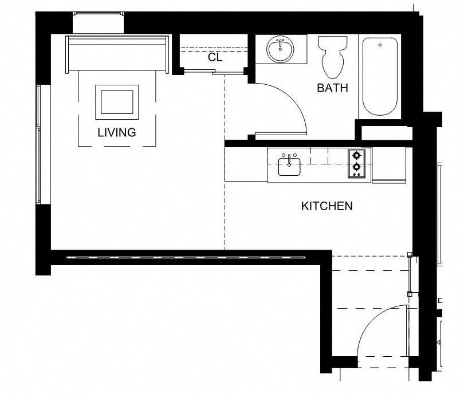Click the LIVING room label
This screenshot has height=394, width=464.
pos(116,132)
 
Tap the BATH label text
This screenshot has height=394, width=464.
pos(332,88)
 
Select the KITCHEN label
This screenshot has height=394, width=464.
pos(327,206)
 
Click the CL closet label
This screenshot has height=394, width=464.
pos(215,57)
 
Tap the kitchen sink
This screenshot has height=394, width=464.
pos(290,167)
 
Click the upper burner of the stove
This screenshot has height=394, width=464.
pos(357,155)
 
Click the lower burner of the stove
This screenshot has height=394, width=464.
pos(357,168)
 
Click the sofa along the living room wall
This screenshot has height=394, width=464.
pos(117,54)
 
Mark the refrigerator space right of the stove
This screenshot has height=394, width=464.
pos(388,166)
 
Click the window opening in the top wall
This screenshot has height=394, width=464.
pos(99,23)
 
